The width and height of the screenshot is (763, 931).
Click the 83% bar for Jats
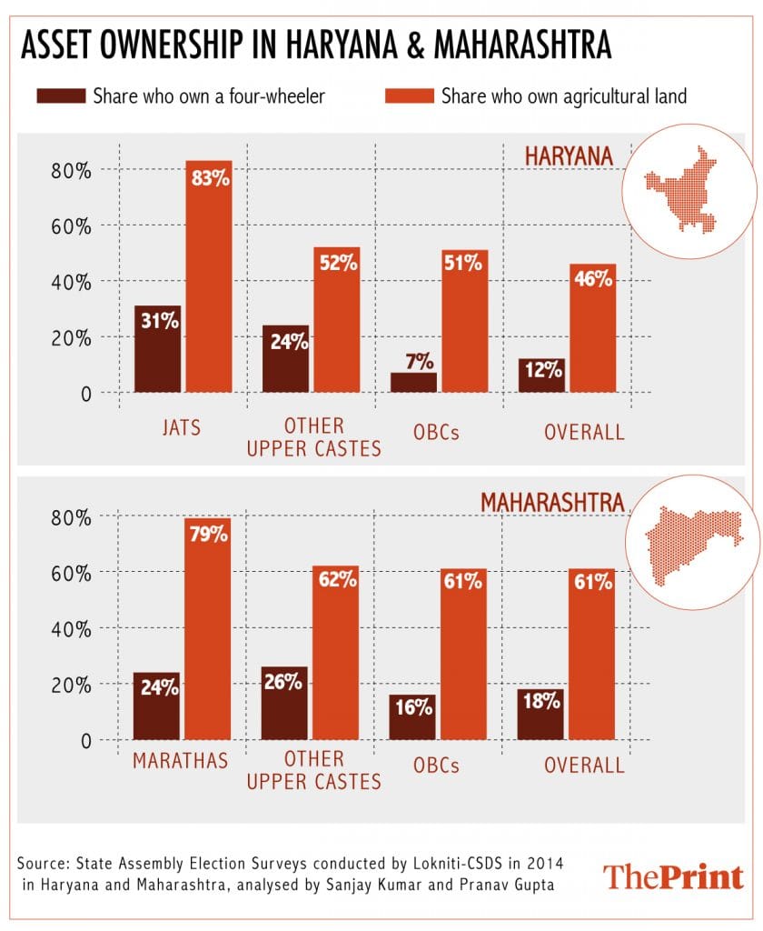tap(209, 277)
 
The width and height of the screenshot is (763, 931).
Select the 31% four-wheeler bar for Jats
tap(158, 349)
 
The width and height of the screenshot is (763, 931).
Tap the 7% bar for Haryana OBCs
tap(412, 383)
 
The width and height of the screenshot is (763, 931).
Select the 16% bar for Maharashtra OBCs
tap(412, 717)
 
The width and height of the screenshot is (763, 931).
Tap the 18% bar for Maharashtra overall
tap(540, 715)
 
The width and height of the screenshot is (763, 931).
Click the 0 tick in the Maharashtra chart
tap(86, 741)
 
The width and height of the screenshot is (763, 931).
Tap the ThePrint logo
tap(673, 877)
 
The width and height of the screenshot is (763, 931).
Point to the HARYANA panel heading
tap(569, 156)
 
